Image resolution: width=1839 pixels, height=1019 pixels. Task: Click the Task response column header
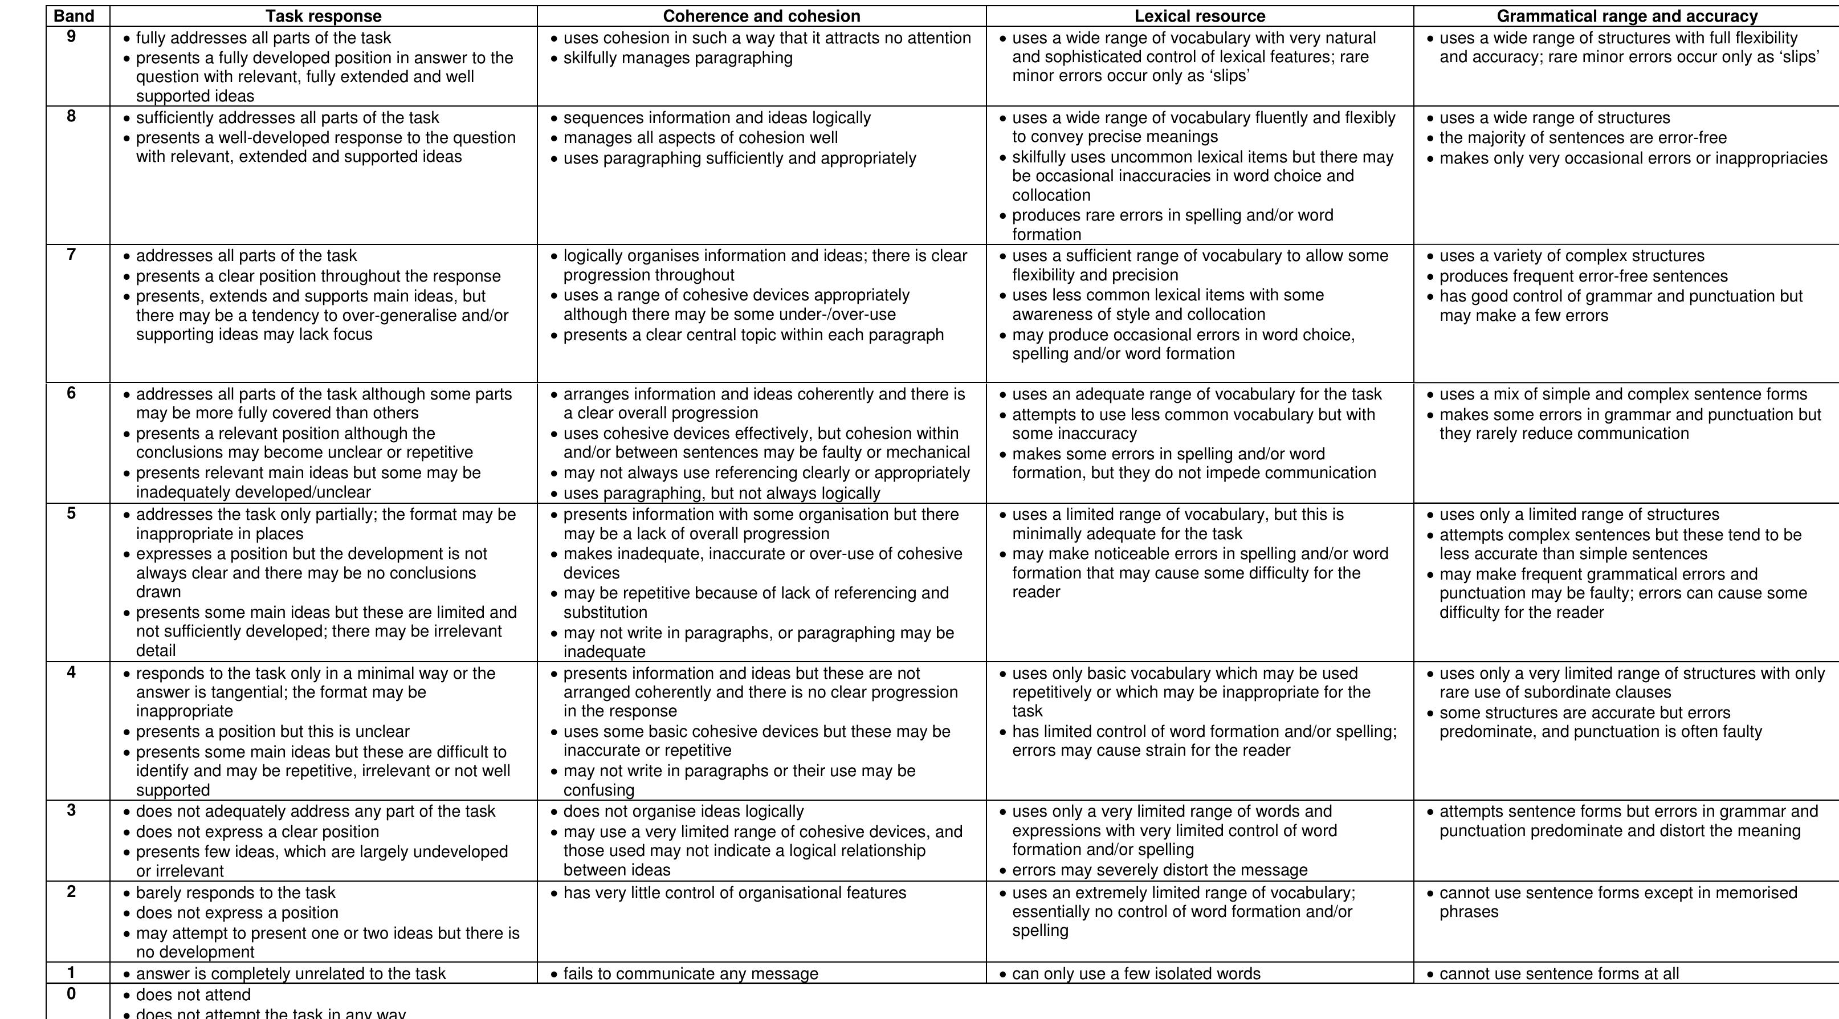(x=323, y=17)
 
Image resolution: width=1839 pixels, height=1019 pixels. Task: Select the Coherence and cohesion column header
(x=762, y=17)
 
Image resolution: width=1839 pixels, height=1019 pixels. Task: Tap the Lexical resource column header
(x=1200, y=17)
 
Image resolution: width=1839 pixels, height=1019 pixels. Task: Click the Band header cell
(x=74, y=17)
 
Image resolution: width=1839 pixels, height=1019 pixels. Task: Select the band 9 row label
(x=71, y=36)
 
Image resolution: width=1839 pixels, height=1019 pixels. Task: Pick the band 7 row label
(x=71, y=254)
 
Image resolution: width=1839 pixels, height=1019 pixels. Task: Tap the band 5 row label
(x=71, y=513)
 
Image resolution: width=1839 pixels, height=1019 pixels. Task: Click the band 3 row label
(x=71, y=810)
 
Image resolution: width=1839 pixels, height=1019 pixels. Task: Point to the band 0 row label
(x=71, y=993)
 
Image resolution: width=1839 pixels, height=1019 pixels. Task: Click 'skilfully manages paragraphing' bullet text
(x=678, y=58)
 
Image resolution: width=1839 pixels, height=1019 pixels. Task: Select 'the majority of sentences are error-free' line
(x=1583, y=138)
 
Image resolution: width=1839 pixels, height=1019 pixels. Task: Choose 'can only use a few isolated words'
(x=1136, y=973)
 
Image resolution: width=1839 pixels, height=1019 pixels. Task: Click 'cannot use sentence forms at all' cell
(x=1559, y=973)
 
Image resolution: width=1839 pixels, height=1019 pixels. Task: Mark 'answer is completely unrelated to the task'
(x=291, y=973)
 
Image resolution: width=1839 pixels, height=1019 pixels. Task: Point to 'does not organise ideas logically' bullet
(x=683, y=811)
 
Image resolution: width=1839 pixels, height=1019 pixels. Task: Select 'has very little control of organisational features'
(x=735, y=892)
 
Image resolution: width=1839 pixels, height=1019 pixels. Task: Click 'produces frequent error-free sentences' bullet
(x=1584, y=276)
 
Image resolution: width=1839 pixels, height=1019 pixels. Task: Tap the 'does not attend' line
(x=193, y=994)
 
